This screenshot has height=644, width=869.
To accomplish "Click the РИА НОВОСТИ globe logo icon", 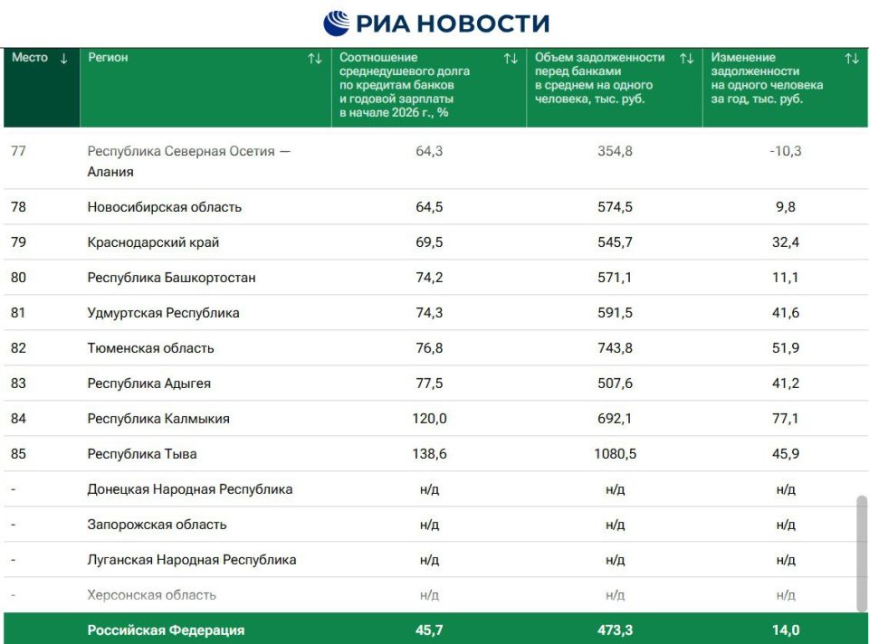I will (336, 23).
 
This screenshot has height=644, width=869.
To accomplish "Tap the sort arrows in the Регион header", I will (314, 59).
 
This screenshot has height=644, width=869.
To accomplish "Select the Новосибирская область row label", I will (164, 207).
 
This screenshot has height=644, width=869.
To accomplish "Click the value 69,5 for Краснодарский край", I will (429, 242).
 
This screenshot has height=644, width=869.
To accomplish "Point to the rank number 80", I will (18, 278).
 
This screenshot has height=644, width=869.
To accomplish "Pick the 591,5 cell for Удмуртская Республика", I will (615, 313).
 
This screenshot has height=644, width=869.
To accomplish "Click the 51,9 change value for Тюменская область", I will (785, 348).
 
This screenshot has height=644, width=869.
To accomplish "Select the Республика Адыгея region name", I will (148, 384).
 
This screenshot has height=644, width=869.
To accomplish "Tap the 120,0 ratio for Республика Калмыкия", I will (429, 419).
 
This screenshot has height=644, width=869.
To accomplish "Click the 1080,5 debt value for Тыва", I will (615, 454).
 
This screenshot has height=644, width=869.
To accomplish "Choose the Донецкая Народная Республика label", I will (189, 489).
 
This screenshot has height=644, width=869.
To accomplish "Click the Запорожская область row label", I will (157, 525).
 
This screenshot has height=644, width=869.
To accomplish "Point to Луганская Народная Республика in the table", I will (191, 560).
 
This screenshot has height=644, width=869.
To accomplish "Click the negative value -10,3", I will (785, 151).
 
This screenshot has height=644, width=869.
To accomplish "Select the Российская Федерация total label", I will (166, 630).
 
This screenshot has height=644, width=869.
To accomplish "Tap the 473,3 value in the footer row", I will (615, 630).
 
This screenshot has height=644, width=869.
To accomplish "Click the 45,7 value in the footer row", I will (429, 630).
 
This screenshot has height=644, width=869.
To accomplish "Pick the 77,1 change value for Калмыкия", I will (785, 419).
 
